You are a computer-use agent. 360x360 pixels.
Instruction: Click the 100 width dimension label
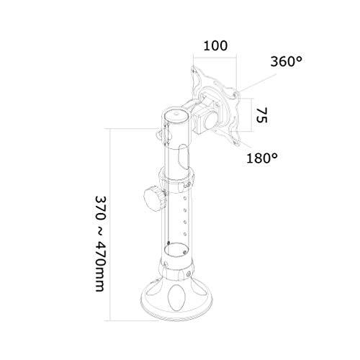215,45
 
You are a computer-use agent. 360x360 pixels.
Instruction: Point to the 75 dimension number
261,115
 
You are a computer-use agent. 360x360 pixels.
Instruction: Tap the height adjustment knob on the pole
153,195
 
